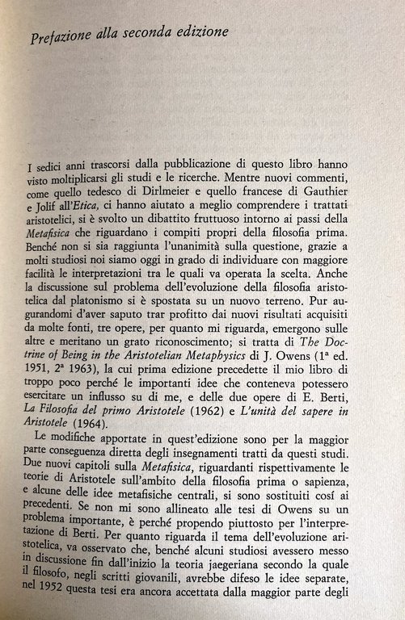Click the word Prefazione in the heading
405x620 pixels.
click(x=60, y=35)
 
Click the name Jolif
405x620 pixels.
click(x=47, y=207)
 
